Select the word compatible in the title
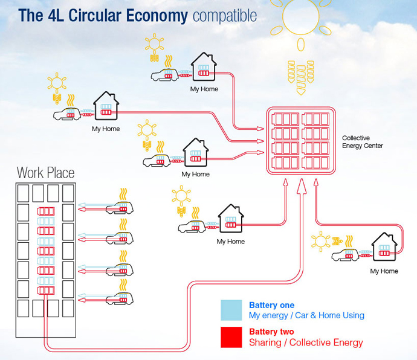(225, 15)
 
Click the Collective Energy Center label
(362, 142)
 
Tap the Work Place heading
(46, 173)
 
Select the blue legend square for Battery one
(231, 310)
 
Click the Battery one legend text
(271, 305)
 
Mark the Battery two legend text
(271, 332)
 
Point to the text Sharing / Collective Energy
(306, 342)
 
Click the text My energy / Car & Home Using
(306, 315)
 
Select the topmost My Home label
(204, 89)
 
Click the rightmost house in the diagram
(384, 248)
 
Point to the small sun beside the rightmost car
(320, 242)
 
